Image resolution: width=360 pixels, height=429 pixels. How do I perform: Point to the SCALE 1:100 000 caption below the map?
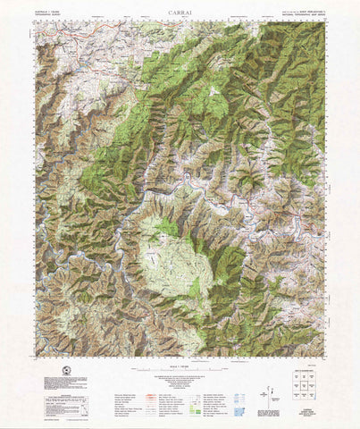click(x=180, y=362)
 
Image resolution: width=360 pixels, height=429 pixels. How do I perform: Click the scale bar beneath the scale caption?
click(x=180, y=368)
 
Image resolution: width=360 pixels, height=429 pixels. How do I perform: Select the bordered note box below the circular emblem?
click(x=65, y=382)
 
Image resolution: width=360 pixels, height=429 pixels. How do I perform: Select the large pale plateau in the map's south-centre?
click(x=174, y=259)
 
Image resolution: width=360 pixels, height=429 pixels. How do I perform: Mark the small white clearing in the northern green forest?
click(x=213, y=92)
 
